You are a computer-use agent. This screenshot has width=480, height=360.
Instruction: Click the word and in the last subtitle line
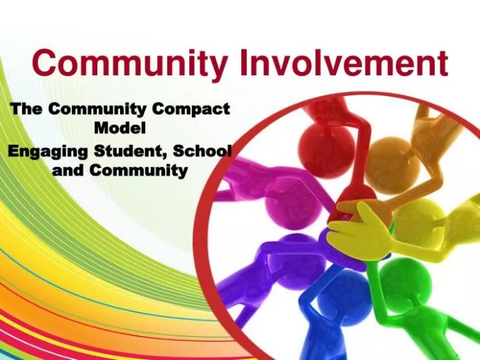tap(67, 169)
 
